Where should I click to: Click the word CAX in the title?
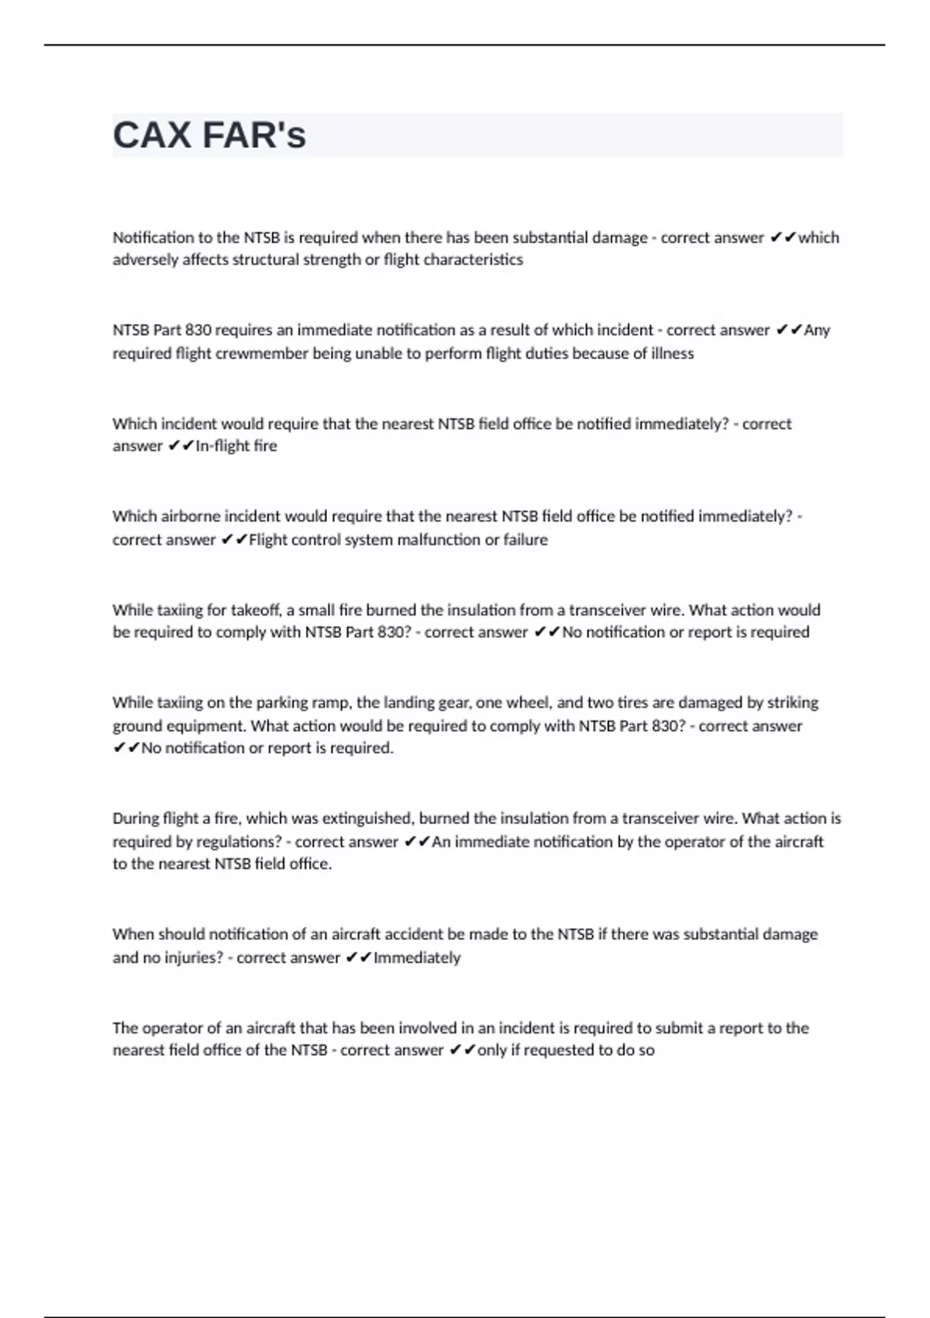tap(153, 136)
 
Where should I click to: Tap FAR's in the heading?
tap(254, 136)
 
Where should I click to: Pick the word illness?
tap(672, 354)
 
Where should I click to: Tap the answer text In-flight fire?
tap(236, 446)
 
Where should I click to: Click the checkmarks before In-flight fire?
tap(181, 446)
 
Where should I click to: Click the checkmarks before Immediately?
tap(359, 957)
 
